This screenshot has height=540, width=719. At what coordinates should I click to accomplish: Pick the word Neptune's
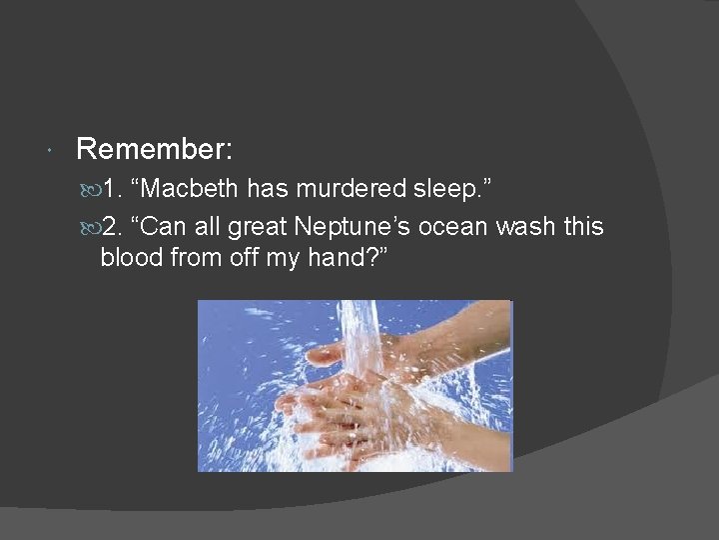coord(352,227)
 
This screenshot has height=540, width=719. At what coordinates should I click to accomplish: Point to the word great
coord(260,227)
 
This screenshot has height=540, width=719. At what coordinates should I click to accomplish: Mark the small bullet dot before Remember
coord(50,151)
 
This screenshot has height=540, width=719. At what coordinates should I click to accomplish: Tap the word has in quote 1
coord(267,189)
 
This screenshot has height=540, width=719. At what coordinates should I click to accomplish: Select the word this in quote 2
coord(583,227)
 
